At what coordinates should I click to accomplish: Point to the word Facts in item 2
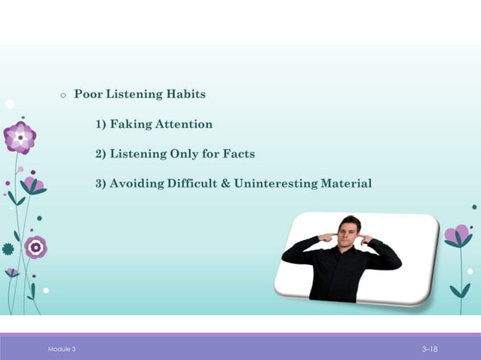click(239, 154)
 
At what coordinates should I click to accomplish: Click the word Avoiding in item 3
click(137, 184)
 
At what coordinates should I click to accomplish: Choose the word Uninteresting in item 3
click(277, 184)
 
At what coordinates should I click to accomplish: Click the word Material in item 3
click(348, 184)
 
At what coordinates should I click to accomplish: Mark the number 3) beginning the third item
click(100, 184)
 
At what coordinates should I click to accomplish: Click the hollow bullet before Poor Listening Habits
click(63, 96)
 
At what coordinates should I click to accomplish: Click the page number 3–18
click(430, 349)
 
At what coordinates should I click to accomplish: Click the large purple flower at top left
click(20, 138)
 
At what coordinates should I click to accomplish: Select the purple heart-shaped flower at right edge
click(458, 235)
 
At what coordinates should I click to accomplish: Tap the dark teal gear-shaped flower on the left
click(8, 249)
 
